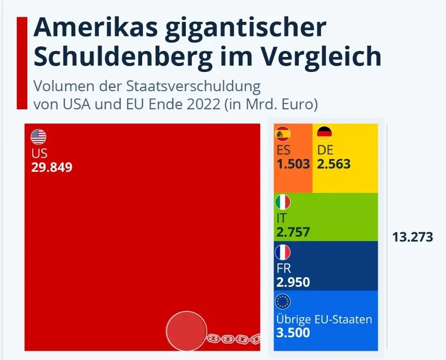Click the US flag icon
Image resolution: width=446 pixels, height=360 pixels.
click(x=39, y=137)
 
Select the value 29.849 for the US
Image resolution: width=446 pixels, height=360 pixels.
click(x=51, y=167)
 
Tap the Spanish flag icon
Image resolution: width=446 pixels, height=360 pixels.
click(x=283, y=134)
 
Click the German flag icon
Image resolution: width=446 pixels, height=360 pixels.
click(x=324, y=134)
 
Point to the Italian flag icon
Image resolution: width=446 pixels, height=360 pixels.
click(x=283, y=201)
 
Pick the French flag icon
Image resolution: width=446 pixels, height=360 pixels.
click(x=283, y=252)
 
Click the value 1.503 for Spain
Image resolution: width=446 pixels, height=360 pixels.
click(x=293, y=164)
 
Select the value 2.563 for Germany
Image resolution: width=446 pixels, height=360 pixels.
click(x=334, y=164)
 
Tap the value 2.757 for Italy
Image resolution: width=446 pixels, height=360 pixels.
click(x=293, y=232)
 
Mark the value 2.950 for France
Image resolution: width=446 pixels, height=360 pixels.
click(x=293, y=282)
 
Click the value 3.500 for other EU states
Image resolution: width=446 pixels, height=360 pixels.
click(x=293, y=332)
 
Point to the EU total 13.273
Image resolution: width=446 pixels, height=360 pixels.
click(x=412, y=237)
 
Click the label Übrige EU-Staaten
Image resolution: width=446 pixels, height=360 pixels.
click(x=324, y=319)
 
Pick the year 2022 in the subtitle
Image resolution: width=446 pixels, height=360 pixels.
click(x=200, y=104)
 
